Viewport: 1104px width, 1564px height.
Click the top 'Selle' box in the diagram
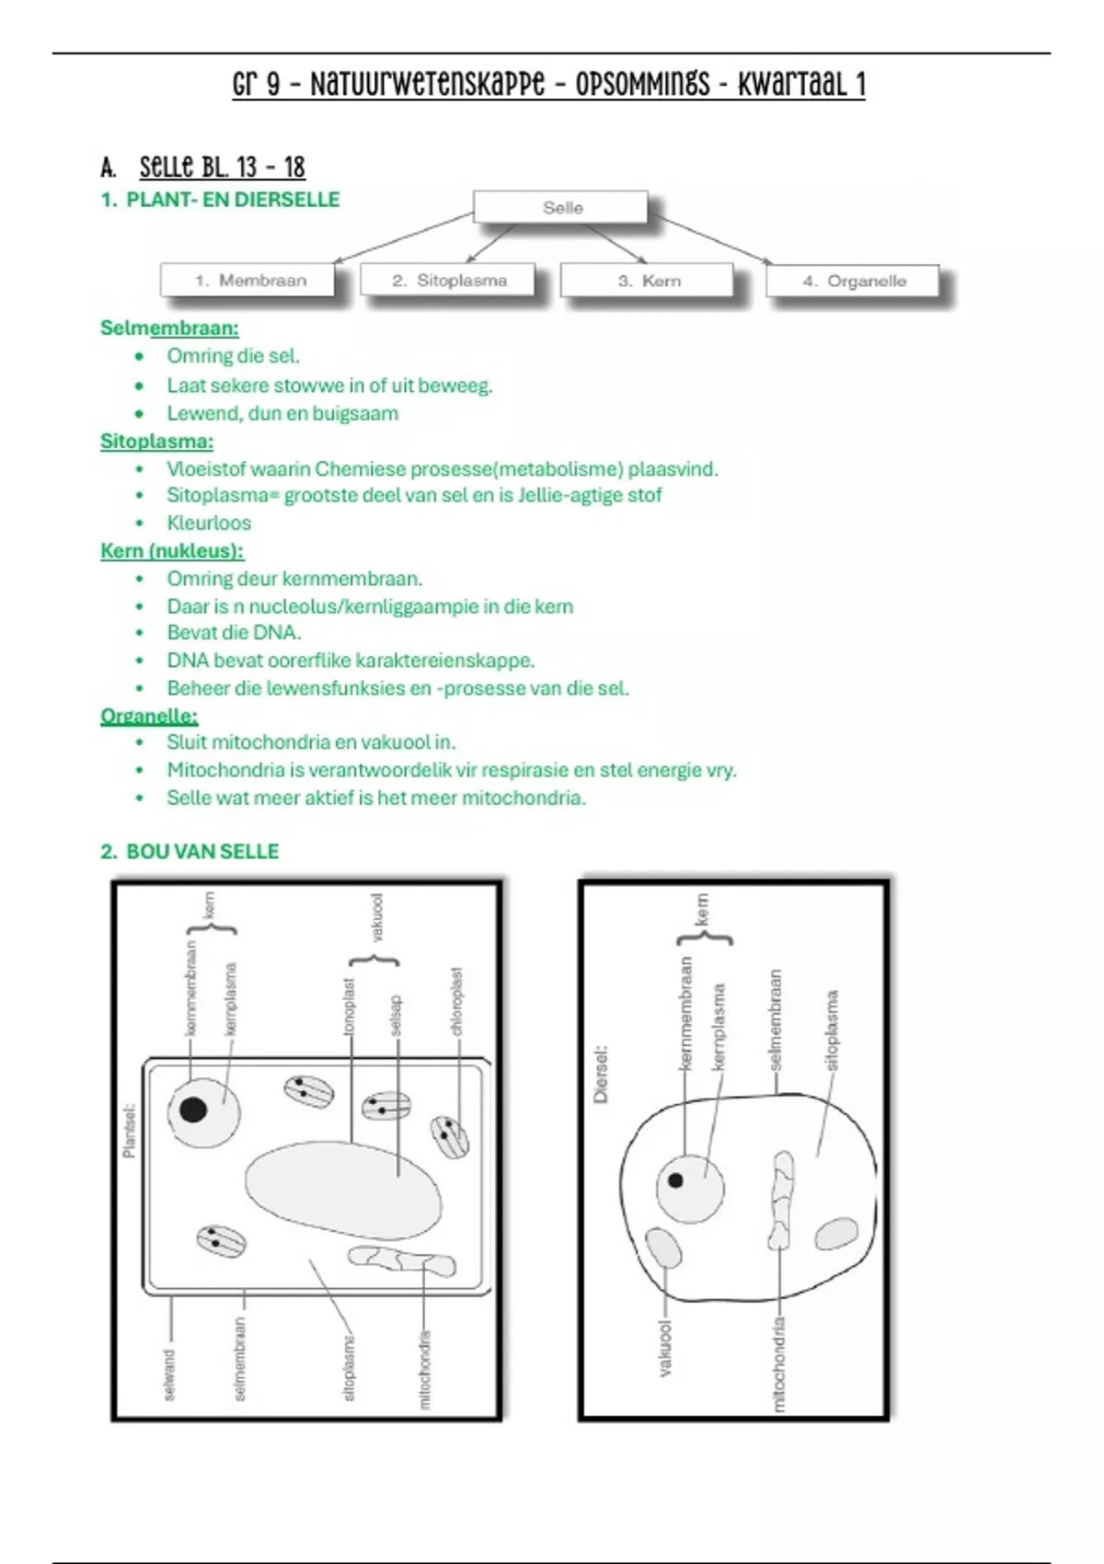[x=561, y=208]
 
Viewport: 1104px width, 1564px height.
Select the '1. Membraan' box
[x=249, y=281]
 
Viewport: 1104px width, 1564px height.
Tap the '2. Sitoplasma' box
[x=448, y=281]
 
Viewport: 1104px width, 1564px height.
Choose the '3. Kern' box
[x=648, y=281]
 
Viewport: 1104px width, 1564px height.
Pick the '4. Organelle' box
[x=854, y=281]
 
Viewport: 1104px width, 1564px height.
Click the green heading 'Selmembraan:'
[x=169, y=328]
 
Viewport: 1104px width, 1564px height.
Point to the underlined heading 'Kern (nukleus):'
[x=172, y=551]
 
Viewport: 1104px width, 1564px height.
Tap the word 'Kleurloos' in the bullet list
[x=209, y=523]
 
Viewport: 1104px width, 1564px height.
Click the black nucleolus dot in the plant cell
[x=193, y=1110]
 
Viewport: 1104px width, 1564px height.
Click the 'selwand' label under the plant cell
[x=169, y=1374]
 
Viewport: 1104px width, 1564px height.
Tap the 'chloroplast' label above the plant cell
[x=457, y=1001]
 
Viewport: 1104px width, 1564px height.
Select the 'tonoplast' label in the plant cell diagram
[x=350, y=1006]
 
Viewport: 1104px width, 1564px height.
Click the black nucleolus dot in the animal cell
[x=676, y=1179]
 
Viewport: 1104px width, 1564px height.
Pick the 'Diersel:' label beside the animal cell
[x=601, y=1074]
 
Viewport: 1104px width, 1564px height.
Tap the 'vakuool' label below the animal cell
[x=666, y=1349]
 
